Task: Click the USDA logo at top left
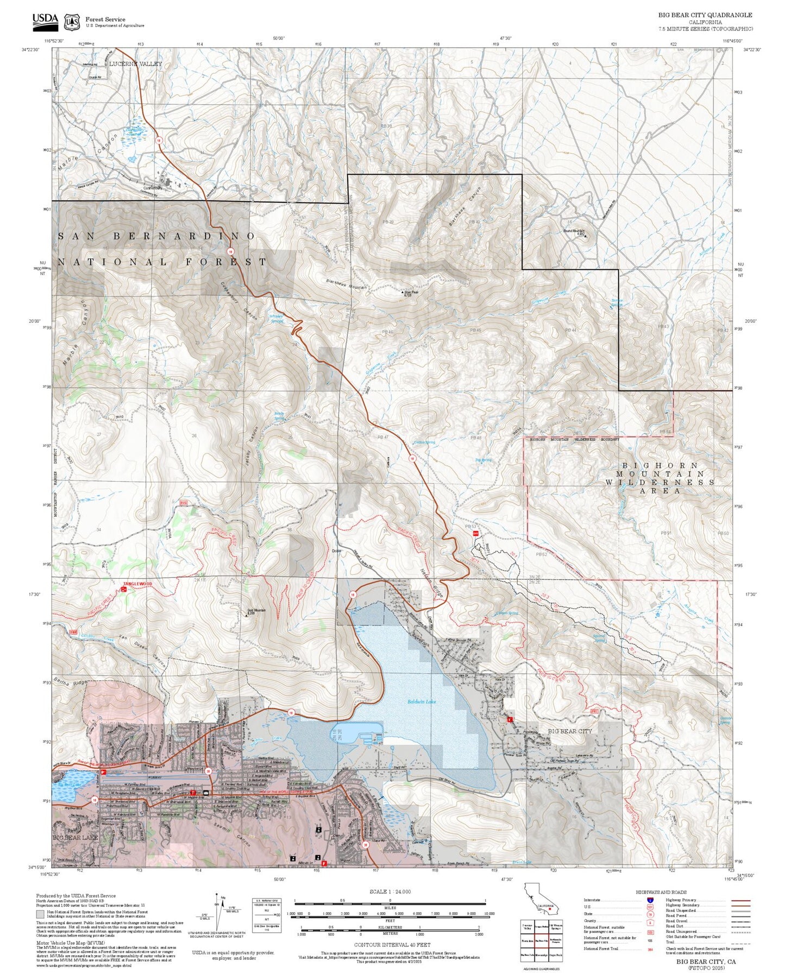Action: pos(45,21)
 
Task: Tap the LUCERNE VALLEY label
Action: pos(135,64)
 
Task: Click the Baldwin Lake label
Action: pos(422,702)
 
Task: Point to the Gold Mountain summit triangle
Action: pos(246,616)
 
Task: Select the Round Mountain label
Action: pos(574,231)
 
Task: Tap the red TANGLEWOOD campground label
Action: pos(137,584)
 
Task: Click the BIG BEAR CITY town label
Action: pos(569,731)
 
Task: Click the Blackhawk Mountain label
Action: pos(346,283)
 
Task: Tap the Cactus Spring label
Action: pos(424,442)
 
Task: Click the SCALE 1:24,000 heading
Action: pos(390,891)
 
